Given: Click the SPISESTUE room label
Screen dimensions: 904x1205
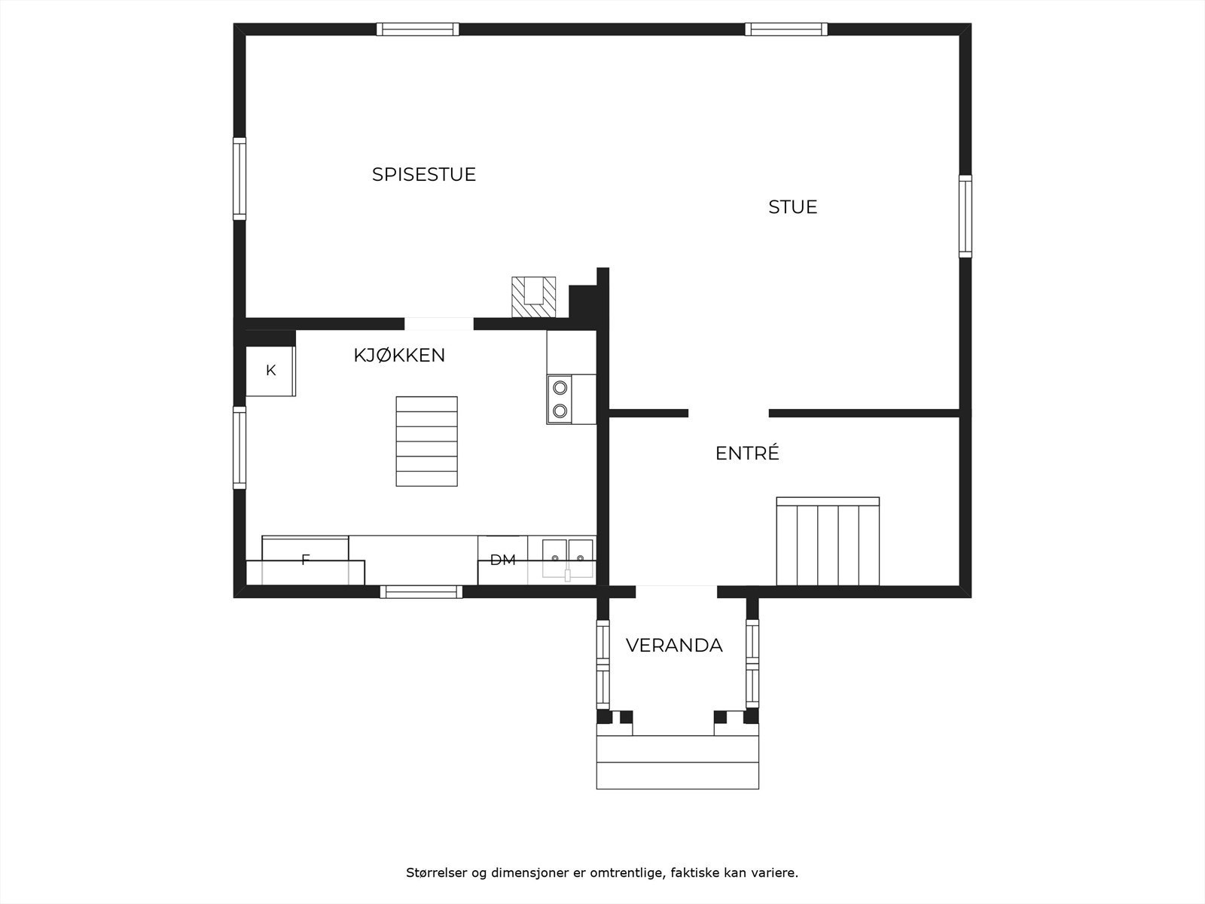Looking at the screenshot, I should (423, 174).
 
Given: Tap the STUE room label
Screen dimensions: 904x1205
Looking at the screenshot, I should (792, 206).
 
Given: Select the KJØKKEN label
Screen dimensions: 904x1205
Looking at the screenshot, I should (399, 355).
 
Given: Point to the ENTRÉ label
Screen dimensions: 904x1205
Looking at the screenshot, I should (746, 454).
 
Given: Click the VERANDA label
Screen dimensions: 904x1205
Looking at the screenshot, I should (674, 646).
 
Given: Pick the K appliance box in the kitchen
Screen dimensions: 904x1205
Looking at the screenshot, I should (270, 370).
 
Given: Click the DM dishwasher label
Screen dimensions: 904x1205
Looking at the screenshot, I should (502, 560).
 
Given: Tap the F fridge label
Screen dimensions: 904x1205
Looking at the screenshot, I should (305, 560).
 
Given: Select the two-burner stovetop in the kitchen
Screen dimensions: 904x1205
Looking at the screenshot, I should (560, 399).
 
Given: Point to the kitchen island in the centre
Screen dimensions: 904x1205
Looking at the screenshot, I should (426, 441).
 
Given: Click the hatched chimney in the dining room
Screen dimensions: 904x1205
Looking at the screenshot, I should (533, 297).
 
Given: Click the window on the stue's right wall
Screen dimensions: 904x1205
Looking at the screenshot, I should (965, 216).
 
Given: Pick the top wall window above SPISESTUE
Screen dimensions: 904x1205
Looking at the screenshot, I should (417, 29).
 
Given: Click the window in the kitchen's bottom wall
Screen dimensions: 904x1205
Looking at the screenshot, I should (421, 592).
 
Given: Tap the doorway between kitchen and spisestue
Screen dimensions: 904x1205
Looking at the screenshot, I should (439, 324).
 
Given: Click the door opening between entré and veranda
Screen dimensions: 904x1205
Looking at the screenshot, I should (676, 591).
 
